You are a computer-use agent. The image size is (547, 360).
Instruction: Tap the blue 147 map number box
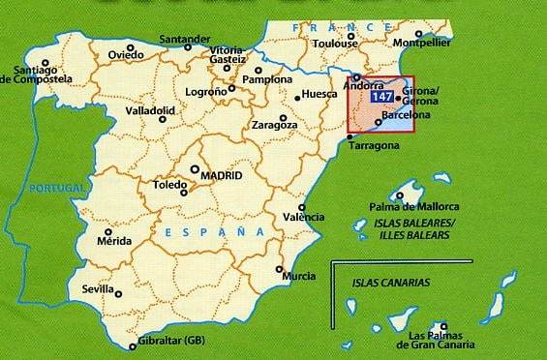pyautogui.click(x=381, y=97)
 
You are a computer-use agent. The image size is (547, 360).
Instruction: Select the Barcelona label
pyautogui.click(x=407, y=115)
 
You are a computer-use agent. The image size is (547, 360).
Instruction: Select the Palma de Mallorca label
pyautogui.click(x=414, y=206)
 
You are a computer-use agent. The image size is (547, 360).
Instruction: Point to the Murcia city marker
pyautogui.click(x=280, y=269)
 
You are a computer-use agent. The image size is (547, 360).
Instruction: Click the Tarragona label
pyautogui.click(x=375, y=146)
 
